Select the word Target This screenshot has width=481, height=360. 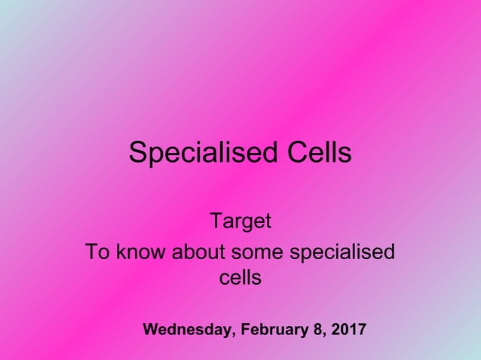click(x=240, y=223)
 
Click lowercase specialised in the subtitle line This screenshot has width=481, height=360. click(x=342, y=252)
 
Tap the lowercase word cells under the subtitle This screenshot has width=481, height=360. click(x=240, y=278)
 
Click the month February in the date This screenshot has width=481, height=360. click(x=274, y=330)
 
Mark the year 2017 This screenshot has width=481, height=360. click(x=348, y=330)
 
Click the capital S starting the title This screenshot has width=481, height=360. click(x=137, y=154)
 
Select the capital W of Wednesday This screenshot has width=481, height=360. click(x=151, y=330)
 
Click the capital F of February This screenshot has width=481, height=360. click(x=247, y=330)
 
